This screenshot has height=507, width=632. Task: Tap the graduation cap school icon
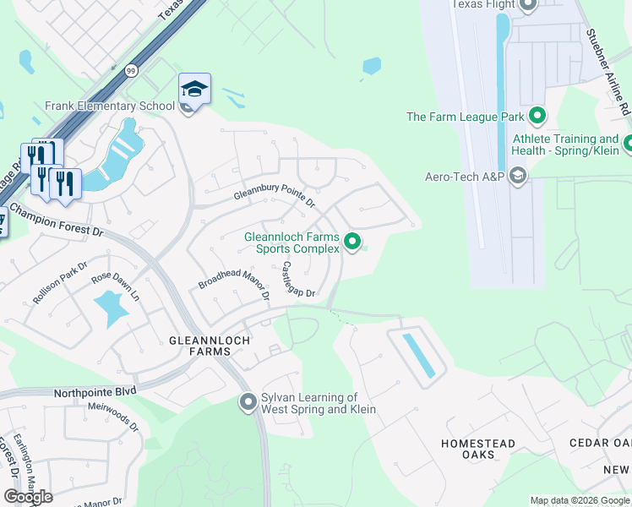coord(194,89)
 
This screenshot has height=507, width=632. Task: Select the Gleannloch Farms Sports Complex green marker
coord(353,243)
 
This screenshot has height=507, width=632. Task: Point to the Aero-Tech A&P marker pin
coord(518,177)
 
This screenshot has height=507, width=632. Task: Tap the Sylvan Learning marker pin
coord(248,402)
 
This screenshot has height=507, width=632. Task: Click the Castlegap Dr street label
coord(297,280)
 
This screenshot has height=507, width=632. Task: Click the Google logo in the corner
coord(28,497)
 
